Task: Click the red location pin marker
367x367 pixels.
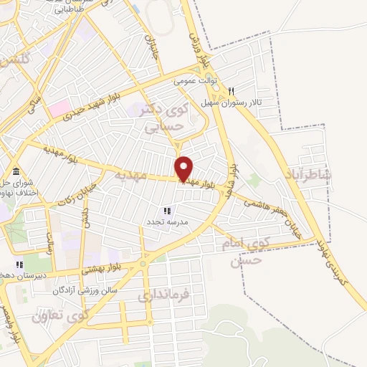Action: pos(184,168)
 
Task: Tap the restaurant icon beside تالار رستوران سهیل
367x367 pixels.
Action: pos(231,91)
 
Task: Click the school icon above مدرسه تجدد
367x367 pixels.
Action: pos(166,211)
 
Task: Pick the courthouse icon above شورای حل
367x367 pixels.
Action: pos(16,171)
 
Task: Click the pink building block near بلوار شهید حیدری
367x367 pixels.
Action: pos(58,109)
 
